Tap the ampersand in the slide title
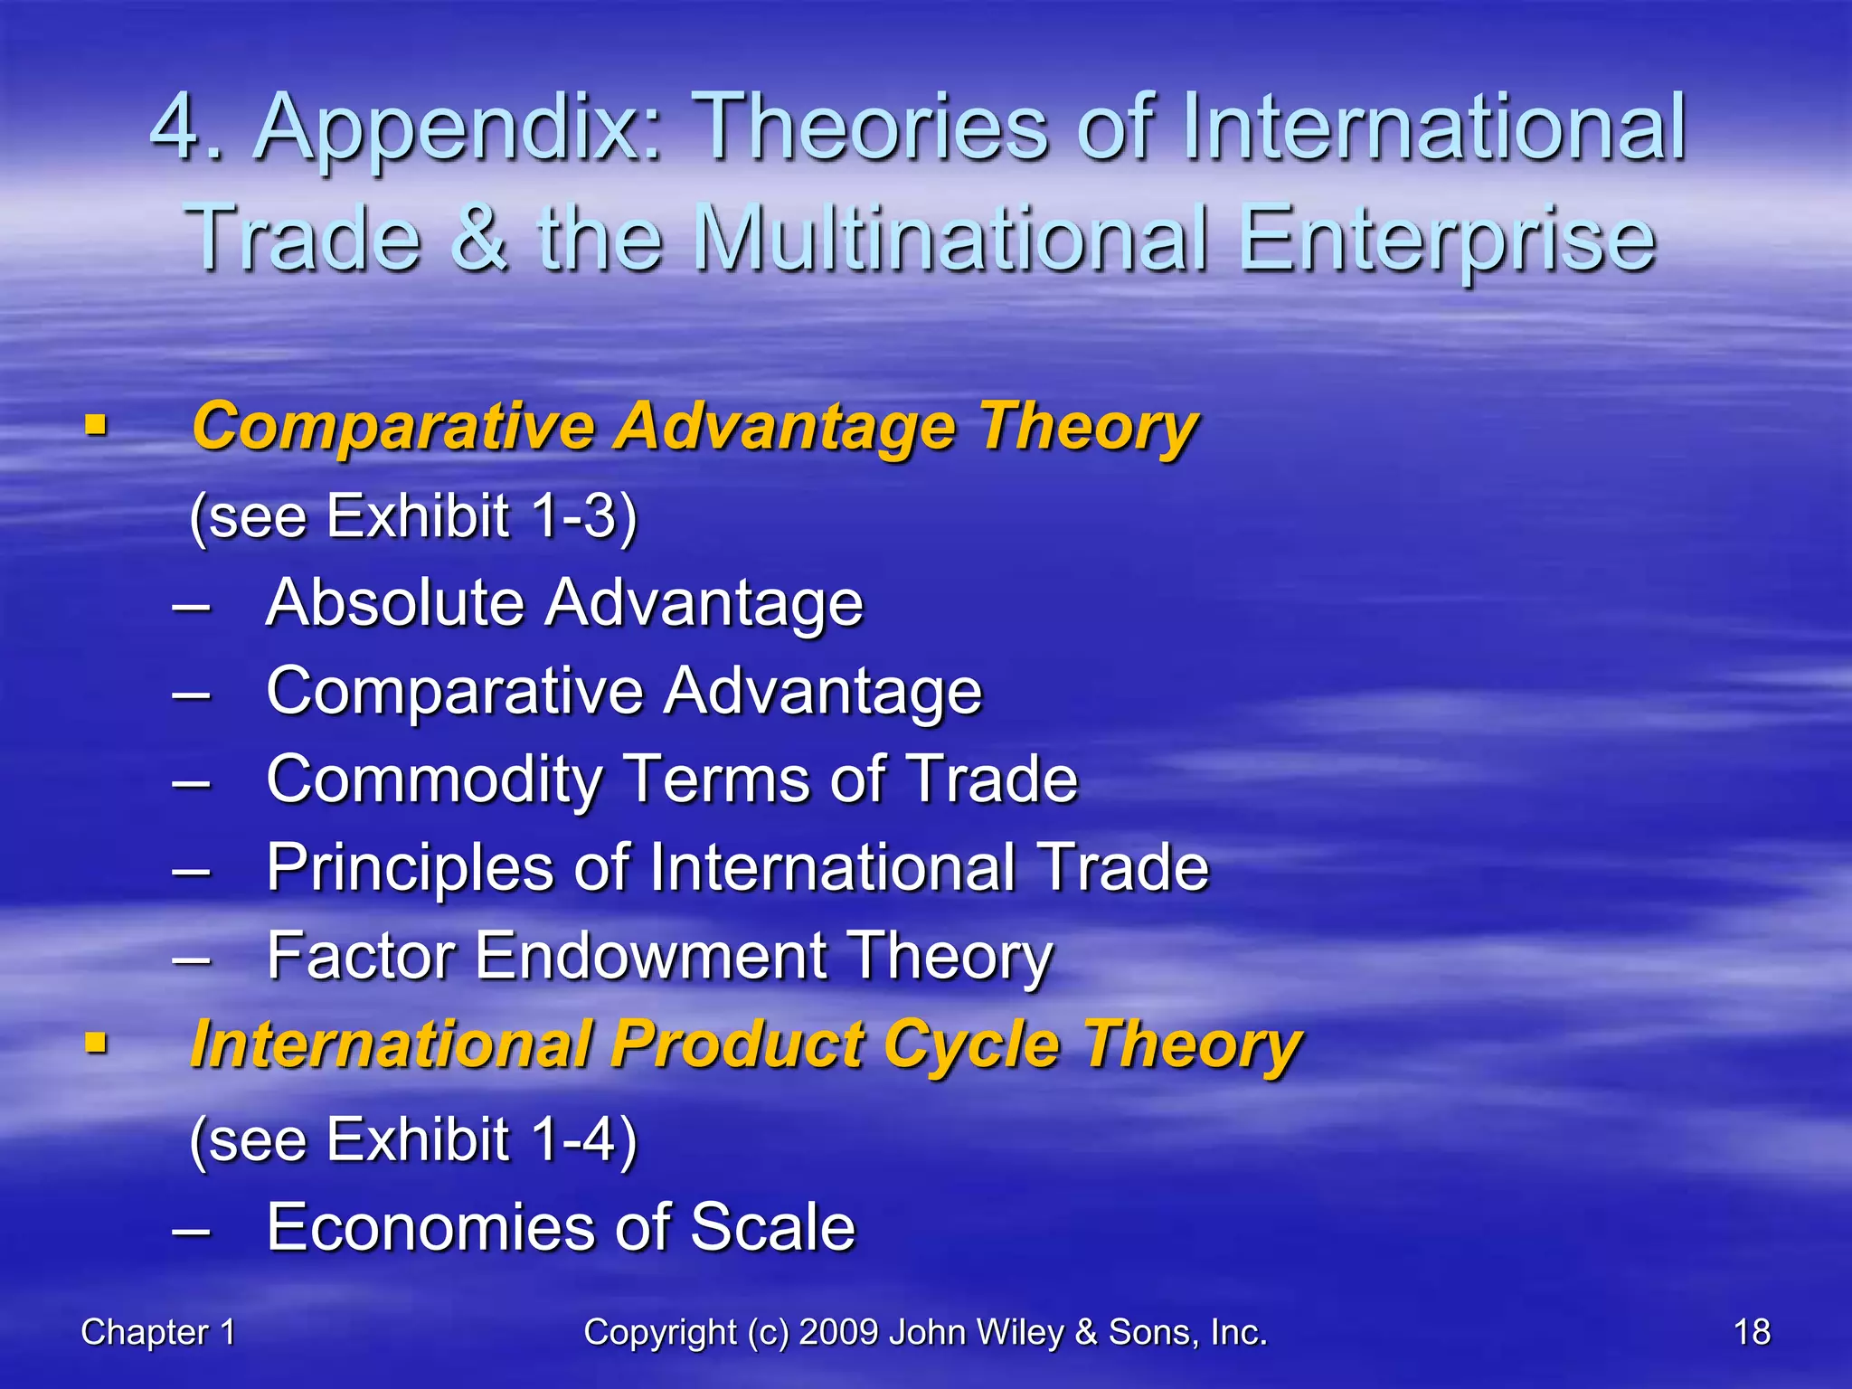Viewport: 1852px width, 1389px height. pyautogui.click(x=478, y=238)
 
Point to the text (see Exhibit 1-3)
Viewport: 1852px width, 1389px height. pyautogui.click(x=413, y=516)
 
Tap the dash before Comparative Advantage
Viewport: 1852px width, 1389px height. pyautogui.click(x=191, y=694)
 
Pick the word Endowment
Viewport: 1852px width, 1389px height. pyautogui.click(x=650, y=957)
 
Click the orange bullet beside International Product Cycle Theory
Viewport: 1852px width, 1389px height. pyautogui.click(x=96, y=1045)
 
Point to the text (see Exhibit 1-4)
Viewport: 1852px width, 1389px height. pyautogui.click(x=413, y=1139)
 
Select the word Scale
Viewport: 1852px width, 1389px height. pyautogui.click(x=772, y=1228)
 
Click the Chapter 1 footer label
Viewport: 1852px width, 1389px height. pyautogui.click(x=158, y=1332)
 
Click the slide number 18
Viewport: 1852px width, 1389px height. pyautogui.click(x=1752, y=1332)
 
